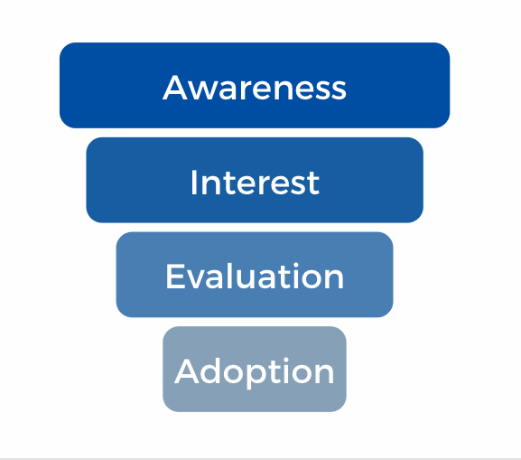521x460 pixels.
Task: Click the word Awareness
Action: tap(255, 88)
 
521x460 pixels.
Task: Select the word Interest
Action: tap(255, 182)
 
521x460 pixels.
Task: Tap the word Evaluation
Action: tap(255, 276)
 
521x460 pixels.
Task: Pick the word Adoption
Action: tap(255, 371)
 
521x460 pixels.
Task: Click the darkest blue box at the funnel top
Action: tap(255, 85)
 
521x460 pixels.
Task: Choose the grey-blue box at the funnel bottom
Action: tap(255, 370)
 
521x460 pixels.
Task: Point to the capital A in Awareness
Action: tap(174, 88)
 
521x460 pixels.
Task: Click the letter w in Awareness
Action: tap(201, 90)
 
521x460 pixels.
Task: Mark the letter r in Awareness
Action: tap(247, 90)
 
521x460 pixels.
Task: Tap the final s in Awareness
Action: tap(338, 90)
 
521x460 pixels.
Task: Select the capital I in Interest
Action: tap(193, 183)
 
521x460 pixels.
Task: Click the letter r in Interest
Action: tap(265, 185)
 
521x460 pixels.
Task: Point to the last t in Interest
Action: tap(313, 183)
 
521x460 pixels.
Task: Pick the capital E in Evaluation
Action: tap(174, 276)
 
